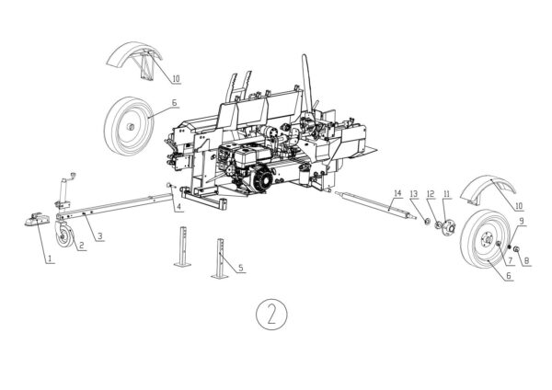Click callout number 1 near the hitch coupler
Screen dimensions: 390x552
[49, 260]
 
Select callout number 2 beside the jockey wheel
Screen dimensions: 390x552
[81, 246]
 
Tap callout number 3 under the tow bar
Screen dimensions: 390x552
[99, 237]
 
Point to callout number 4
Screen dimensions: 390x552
[179, 207]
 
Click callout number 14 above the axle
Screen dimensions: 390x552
[397, 193]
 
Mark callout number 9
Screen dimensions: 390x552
[522, 222]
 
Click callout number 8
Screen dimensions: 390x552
[527, 260]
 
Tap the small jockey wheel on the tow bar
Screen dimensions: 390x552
[63, 238]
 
